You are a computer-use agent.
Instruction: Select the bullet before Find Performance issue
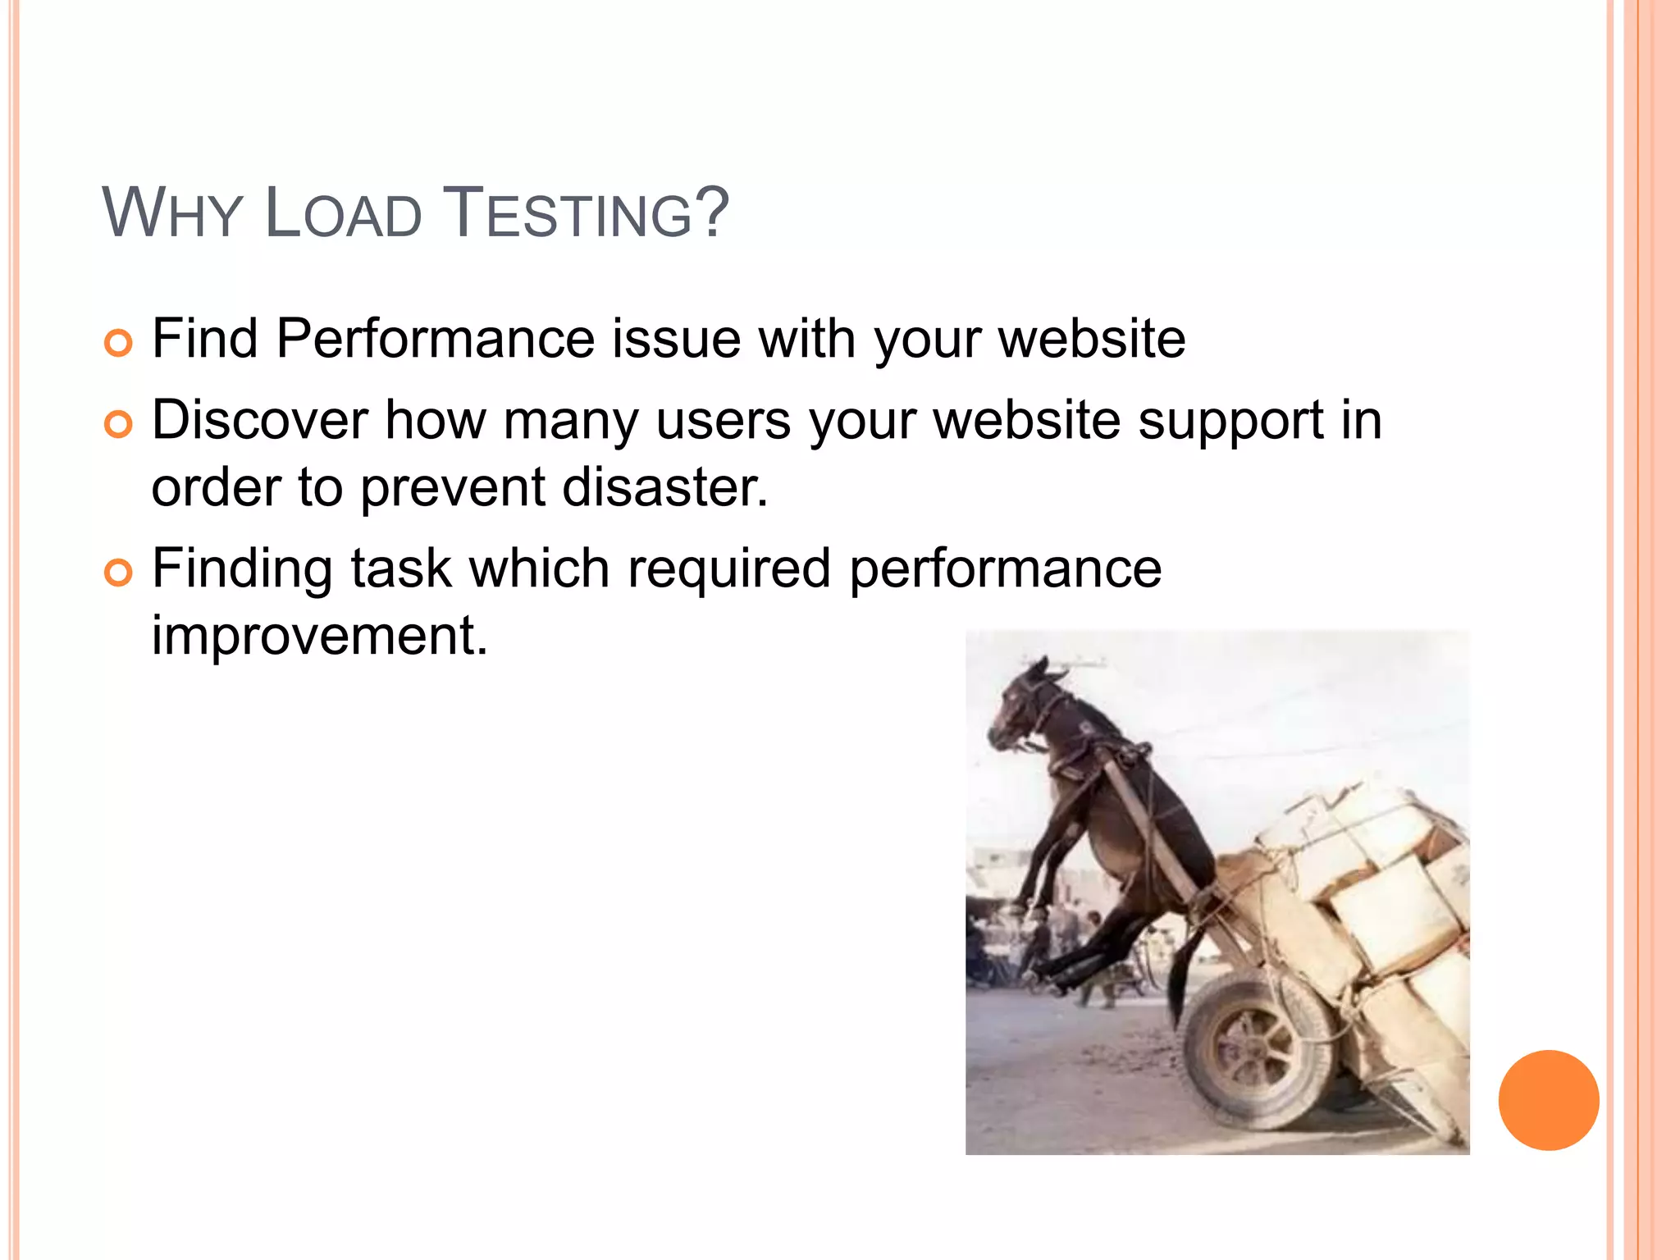coord(118,343)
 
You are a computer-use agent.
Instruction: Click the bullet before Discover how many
coord(118,424)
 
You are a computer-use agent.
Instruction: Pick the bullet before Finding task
coord(118,573)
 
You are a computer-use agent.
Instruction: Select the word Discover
coord(259,420)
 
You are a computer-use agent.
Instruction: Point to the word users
coord(723,420)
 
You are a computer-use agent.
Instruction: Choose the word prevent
coord(453,487)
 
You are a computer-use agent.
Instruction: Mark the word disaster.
coord(664,487)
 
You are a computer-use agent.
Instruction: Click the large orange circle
coord(1548,1100)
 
